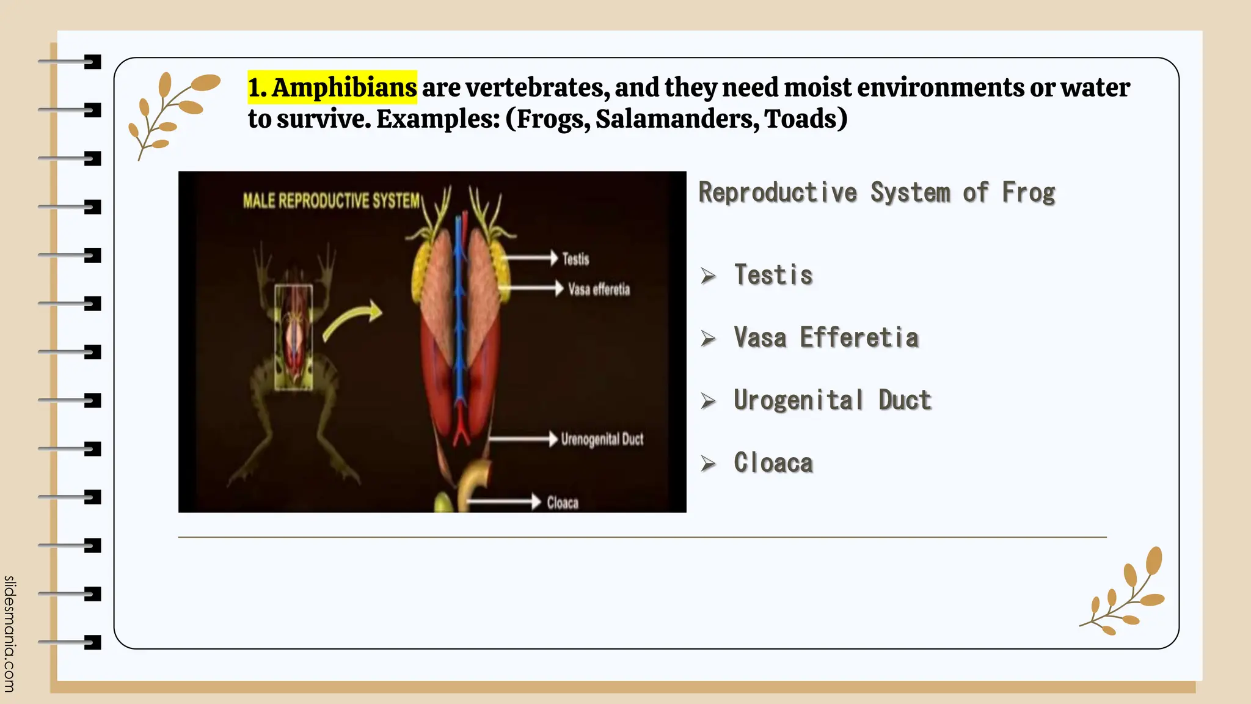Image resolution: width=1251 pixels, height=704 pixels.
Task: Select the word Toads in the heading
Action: [x=800, y=119]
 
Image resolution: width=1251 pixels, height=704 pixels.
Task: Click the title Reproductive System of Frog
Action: [x=877, y=193]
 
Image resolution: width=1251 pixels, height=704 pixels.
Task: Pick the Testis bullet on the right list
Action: [x=773, y=275]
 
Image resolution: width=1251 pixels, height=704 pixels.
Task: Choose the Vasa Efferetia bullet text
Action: [x=826, y=337]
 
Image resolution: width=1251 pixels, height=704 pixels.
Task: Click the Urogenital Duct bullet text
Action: [x=832, y=400]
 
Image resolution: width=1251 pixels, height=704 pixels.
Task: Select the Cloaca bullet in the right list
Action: [x=773, y=463]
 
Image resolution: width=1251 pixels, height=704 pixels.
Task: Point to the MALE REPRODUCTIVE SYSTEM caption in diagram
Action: [x=331, y=201]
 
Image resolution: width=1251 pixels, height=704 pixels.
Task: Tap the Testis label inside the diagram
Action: [x=575, y=259]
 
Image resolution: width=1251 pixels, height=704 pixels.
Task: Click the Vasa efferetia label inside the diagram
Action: [x=599, y=289]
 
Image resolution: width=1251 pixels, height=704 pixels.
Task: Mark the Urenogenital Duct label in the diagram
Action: [x=602, y=439]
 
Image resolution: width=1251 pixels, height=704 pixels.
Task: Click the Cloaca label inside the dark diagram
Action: [x=562, y=503]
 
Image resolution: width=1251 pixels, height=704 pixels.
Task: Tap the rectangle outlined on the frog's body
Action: [x=294, y=337]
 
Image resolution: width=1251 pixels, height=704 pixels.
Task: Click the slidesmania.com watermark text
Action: [x=9, y=634]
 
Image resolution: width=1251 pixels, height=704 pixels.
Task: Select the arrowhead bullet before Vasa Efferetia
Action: [x=708, y=338]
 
